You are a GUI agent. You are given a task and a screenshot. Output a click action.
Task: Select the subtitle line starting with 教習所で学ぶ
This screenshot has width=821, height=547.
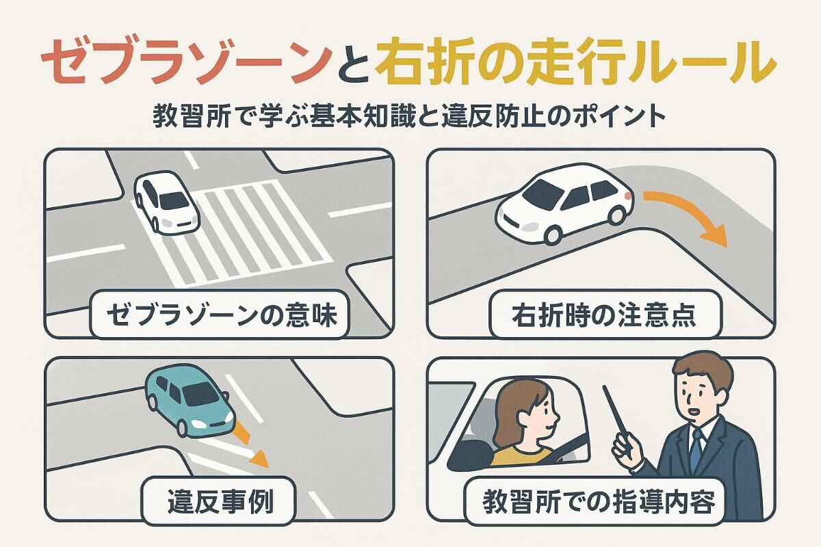coord(409,116)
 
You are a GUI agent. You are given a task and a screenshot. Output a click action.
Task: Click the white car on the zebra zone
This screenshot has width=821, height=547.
coord(167,202)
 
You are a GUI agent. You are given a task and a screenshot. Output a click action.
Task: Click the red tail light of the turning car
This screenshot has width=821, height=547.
coord(628,196)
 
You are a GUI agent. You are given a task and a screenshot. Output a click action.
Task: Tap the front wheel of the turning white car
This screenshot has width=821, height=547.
coord(553,235)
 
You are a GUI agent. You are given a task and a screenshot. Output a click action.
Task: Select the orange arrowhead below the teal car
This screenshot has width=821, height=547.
coord(260,457)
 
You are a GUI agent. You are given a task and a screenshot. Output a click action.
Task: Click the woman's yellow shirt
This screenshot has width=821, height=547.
coord(521,457)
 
